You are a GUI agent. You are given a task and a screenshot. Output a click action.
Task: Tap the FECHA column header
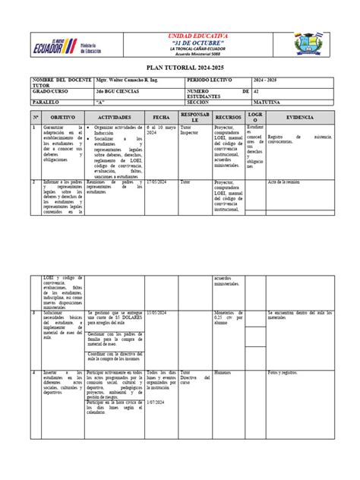tap(160, 118)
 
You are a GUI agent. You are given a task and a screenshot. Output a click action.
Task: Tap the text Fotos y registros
tap(283, 372)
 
